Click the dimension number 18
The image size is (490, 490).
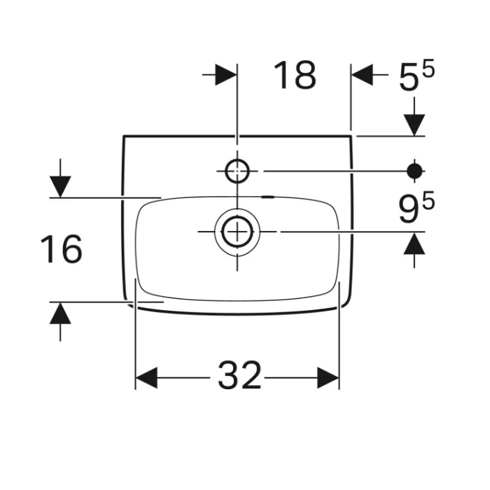click(295, 76)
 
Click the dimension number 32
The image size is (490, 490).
click(239, 377)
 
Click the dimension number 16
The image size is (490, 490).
click(61, 249)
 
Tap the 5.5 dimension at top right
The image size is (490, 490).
click(416, 76)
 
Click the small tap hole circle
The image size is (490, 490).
click(237, 170)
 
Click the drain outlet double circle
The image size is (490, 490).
click(237, 231)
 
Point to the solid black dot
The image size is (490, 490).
click(415, 170)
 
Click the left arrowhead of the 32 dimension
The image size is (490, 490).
click(146, 378)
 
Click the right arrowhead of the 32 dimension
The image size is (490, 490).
click(328, 378)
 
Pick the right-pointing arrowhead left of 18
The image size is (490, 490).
click(226, 75)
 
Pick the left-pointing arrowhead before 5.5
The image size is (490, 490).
click(361, 75)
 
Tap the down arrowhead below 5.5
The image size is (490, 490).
click(414, 125)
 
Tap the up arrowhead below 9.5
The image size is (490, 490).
click(414, 243)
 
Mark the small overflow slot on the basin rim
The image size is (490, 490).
click(267, 197)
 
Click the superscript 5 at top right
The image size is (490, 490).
click(428, 69)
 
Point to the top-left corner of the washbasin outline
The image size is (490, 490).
click(125, 136)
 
